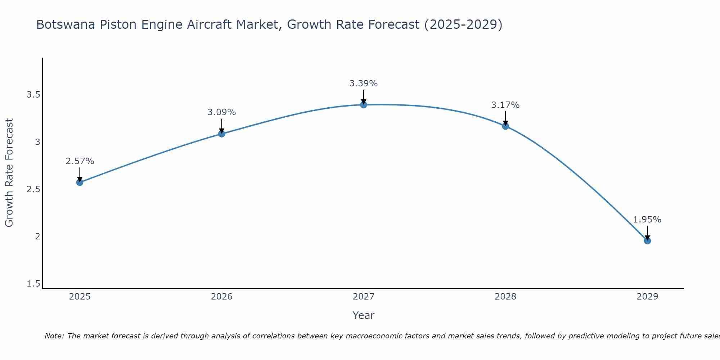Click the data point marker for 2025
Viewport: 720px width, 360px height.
(x=80, y=182)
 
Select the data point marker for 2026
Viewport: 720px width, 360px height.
(x=222, y=134)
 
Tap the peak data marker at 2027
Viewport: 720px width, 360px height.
(x=364, y=105)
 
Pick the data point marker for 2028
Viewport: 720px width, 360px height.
(x=505, y=126)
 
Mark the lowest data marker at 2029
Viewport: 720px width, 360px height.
(x=647, y=240)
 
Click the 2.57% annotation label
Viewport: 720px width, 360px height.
(x=80, y=161)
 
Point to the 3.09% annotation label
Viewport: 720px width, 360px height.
(x=222, y=112)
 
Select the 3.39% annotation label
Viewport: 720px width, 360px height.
(x=364, y=84)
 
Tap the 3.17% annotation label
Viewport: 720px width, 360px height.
(x=505, y=105)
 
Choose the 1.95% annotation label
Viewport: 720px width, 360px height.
(x=647, y=220)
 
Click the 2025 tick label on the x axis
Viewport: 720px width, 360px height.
(x=80, y=297)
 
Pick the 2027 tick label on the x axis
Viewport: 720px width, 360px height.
(x=364, y=297)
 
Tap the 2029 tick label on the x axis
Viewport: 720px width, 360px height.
(x=647, y=297)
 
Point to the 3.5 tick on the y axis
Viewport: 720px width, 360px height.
(x=33, y=95)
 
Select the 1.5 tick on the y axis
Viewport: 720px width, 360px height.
(x=33, y=284)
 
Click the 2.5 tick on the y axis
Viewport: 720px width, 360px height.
(x=33, y=189)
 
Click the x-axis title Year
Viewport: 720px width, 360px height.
(x=364, y=315)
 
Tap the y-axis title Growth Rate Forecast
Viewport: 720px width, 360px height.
(x=9, y=172)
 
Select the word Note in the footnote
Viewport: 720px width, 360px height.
(x=54, y=336)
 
